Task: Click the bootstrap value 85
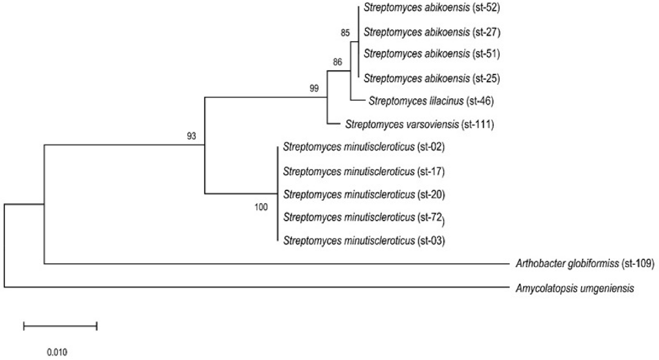point(345,34)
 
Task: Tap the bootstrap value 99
point(314,89)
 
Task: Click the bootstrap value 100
point(261,207)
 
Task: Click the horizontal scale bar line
point(60,326)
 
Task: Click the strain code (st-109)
point(638,263)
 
